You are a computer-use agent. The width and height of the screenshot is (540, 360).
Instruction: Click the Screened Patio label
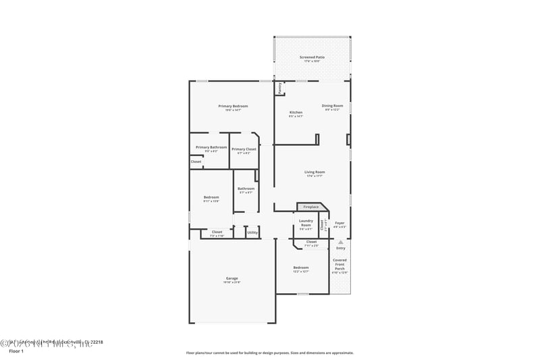[x=312, y=57]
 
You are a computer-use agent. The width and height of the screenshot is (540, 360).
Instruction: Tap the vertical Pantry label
[x=279, y=87]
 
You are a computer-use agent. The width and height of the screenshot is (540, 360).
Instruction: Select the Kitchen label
[x=296, y=112]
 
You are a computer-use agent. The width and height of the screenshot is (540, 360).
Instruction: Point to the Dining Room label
[x=332, y=106]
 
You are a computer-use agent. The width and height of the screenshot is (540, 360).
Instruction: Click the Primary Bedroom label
[x=233, y=106]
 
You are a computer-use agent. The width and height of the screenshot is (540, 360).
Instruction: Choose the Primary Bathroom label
[x=211, y=147]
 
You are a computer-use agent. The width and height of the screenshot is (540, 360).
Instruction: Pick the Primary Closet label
[x=244, y=149]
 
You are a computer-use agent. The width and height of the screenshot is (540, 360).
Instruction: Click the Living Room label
[x=315, y=172]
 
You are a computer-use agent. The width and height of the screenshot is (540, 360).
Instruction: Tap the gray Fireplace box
[x=310, y=207]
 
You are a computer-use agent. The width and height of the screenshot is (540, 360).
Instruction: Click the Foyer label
[x=340, y=223]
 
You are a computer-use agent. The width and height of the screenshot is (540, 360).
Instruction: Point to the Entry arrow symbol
[x=340, y=241]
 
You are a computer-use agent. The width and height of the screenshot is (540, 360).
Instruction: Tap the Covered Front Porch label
[x=340, y=264]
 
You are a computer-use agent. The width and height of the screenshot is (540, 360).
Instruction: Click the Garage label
[x=232, y=278]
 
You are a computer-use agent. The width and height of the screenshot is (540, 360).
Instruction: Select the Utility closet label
[x=252, y=232]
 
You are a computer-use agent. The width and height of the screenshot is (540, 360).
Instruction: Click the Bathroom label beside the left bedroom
[x=246, y=188]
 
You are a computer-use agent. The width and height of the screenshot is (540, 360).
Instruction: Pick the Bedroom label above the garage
[x=211, y=197]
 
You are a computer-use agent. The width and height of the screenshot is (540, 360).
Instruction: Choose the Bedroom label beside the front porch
[x=300, y=267]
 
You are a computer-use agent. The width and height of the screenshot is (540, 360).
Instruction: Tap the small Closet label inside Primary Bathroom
[x=196, y=161]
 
